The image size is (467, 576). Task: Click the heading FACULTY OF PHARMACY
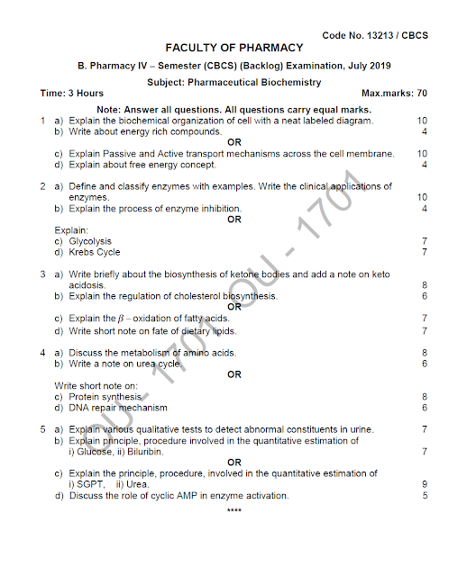pyautogui.click(x=233, y=48)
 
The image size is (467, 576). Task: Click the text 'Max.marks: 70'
pyautogui.click(x=394, y=94)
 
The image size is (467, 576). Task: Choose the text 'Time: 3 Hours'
pyautogui.click(x=72, y=94)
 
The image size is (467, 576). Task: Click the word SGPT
pyautogui.click(x=92, y=484)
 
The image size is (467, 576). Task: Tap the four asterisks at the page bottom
pyautogui.click(x=234, y=511)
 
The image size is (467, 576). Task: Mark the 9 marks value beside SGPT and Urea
pyautogui.click(x=424, y=484)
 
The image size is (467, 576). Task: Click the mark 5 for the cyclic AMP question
pyautogui.click(x=424, y=495)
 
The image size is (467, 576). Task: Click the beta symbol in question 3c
pyautogui.click(x=120, y=319)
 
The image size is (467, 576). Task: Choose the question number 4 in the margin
pyautogui.click(x=42, y=353)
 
